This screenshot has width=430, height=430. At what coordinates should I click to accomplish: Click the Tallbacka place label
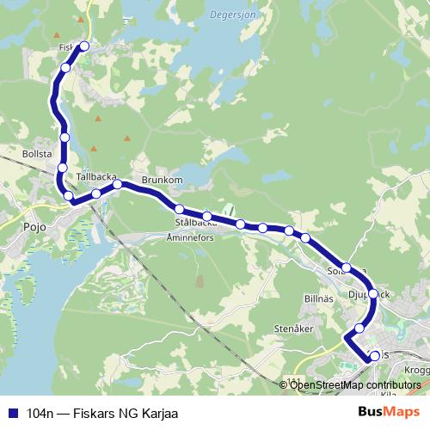click(x=96, y=176)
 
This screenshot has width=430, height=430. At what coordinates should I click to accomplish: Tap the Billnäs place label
click(x=319, y=298)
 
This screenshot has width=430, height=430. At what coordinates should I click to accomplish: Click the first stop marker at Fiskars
click(x=84, y=46)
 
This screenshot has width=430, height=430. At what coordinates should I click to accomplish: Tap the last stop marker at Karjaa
click(x=374, y=355)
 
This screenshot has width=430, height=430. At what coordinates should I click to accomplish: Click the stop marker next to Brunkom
click(x=118, y=184)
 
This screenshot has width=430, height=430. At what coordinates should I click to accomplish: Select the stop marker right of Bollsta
click(x=63, y=167)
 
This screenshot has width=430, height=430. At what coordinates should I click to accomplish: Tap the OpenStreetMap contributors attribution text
click(x=355, y=385)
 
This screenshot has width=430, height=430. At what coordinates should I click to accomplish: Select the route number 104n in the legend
click(x=40, y=414)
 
